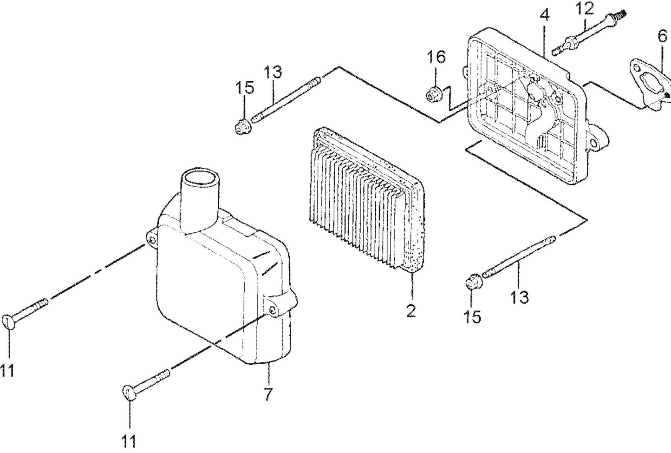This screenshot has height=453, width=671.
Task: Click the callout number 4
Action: point(545,16)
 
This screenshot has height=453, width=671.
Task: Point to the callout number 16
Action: point(436,57)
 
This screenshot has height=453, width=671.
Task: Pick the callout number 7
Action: point(268,394)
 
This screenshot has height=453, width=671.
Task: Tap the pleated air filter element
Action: point(366,201)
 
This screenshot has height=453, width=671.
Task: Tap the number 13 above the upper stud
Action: point(273,72)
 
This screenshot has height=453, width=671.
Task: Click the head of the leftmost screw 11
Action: point(8,322)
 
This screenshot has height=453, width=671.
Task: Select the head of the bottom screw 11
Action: point(130,393)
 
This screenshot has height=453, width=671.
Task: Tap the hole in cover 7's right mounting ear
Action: point(273,310)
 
